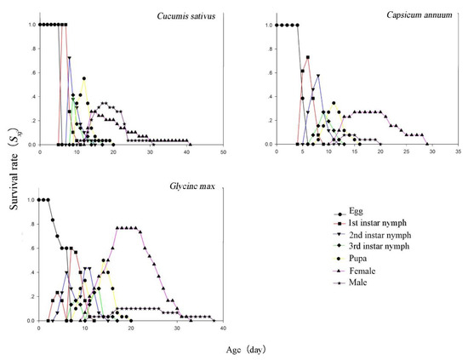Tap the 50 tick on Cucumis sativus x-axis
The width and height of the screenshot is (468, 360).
click(223, 151)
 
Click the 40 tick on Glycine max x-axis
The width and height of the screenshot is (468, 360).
click(223, 328)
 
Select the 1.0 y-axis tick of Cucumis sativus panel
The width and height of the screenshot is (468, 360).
click(30, 25)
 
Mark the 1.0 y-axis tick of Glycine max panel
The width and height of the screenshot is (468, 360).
click(30, 200)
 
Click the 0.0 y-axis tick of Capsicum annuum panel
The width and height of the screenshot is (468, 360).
click(267, 145)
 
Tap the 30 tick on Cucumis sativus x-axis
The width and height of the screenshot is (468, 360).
click(150, 151)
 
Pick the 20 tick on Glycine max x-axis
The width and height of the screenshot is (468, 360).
click(131, 328)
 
